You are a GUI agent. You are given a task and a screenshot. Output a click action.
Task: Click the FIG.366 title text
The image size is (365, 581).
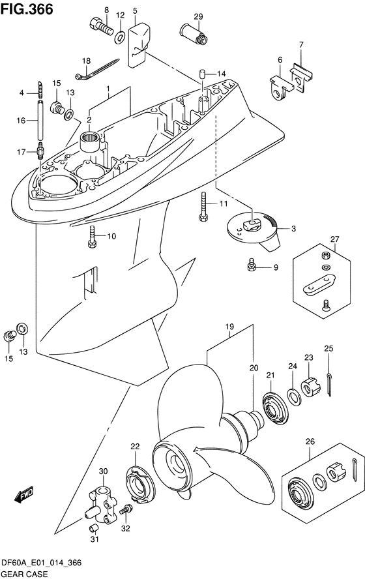coord(27,9)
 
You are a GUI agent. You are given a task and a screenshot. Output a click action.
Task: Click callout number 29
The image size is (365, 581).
coord(198,16)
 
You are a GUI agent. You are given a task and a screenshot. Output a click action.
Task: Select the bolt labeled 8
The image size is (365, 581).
coord(102,26)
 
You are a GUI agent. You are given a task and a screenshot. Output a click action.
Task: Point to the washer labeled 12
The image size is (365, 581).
coord(120,37)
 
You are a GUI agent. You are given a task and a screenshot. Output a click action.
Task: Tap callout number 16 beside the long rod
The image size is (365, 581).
coord(21,121)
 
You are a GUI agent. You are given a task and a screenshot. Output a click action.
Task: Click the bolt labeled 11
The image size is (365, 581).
coord(204,207)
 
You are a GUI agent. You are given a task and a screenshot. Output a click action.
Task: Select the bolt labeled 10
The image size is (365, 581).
coord(93,237)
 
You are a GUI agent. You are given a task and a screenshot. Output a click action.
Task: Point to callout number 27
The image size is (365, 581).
coord(334,239)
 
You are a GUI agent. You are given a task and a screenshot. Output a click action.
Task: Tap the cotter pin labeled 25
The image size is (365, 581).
coord(329,385)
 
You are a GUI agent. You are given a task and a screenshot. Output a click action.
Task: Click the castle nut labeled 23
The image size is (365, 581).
coord(310,387)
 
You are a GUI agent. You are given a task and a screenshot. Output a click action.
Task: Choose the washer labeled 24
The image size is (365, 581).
coord(294,396)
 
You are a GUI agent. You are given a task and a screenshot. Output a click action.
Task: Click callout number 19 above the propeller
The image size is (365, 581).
coord(229,327)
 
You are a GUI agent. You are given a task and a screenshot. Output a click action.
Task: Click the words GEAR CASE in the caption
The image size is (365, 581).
coord(24,574)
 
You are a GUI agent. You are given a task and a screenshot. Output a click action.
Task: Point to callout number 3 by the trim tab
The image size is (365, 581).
coord(293,229)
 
